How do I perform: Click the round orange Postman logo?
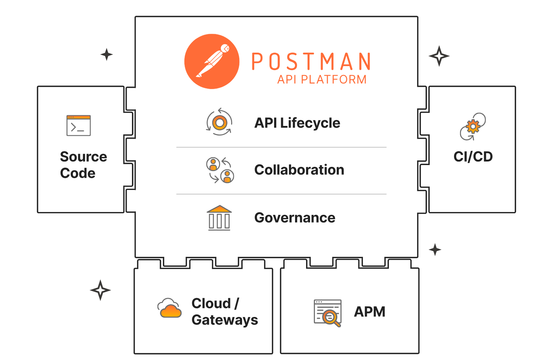tap(212, 61)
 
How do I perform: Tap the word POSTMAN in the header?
tap(311, 62)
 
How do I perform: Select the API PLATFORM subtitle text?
tap(322, 79)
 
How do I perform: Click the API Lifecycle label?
tap(297, 123)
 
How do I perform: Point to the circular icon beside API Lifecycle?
tap(219, 122)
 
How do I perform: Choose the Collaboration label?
tap(299, 170)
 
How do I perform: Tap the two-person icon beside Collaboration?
tap(220, 170)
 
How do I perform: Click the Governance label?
tap(295, 218)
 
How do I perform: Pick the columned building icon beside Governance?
tap(219, 218)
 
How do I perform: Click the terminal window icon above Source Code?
tap(79, 126)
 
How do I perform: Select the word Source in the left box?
tap(84, 157)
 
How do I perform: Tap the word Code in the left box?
tap(78, 173)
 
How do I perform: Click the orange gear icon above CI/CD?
tap(473, 127)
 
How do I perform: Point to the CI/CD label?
tap(473, 157)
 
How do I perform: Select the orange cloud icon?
tap(170, 308)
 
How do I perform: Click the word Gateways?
tap(225, 320)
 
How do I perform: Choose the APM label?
tap(370, 312)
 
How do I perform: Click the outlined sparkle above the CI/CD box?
tap(439, 56)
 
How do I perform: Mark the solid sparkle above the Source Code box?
tap(106, 54)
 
